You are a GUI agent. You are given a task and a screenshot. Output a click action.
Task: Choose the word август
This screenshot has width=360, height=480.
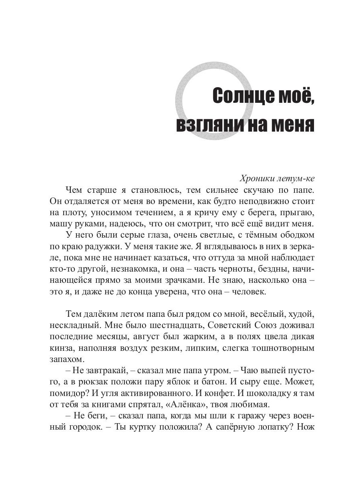tap(136, 338)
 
